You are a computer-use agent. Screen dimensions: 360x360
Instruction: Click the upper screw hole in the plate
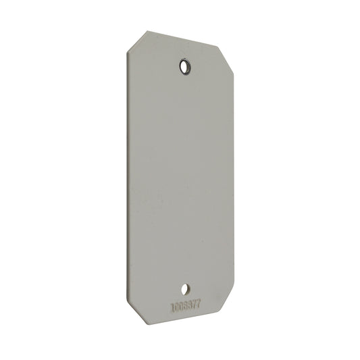(185, 66)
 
